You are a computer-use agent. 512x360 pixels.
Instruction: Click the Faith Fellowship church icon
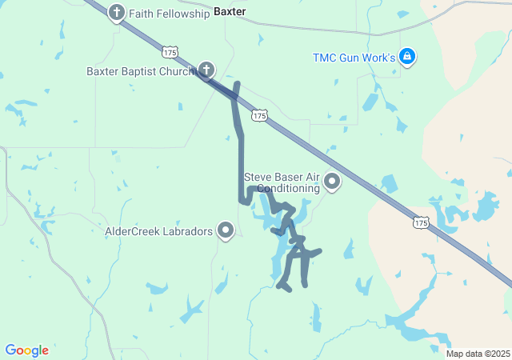[x=117, y=13]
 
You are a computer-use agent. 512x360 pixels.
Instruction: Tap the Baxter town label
[x=230, y=12]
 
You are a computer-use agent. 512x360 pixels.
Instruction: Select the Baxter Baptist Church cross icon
[x=206, y=70]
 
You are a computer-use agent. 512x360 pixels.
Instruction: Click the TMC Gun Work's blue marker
[x=407, y=57]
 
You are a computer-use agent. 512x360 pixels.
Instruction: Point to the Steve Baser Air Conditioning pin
[x=331, y=182]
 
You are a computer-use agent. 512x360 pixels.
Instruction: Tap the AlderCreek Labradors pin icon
[x=226, y=232]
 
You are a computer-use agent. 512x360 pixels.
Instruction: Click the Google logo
[x=26, y=350]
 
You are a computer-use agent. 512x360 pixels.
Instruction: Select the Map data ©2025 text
[x=478, y=354]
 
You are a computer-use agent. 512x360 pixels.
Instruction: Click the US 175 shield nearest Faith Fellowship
[x=169, y=52]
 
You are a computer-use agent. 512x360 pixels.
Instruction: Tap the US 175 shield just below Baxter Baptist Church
[x=258, y=116]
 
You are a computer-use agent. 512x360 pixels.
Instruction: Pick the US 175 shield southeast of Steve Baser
[x=421, y=222]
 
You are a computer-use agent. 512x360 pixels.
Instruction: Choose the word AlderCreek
[x=131, y=232]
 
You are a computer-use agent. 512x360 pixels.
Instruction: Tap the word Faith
[x=141, y=13]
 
